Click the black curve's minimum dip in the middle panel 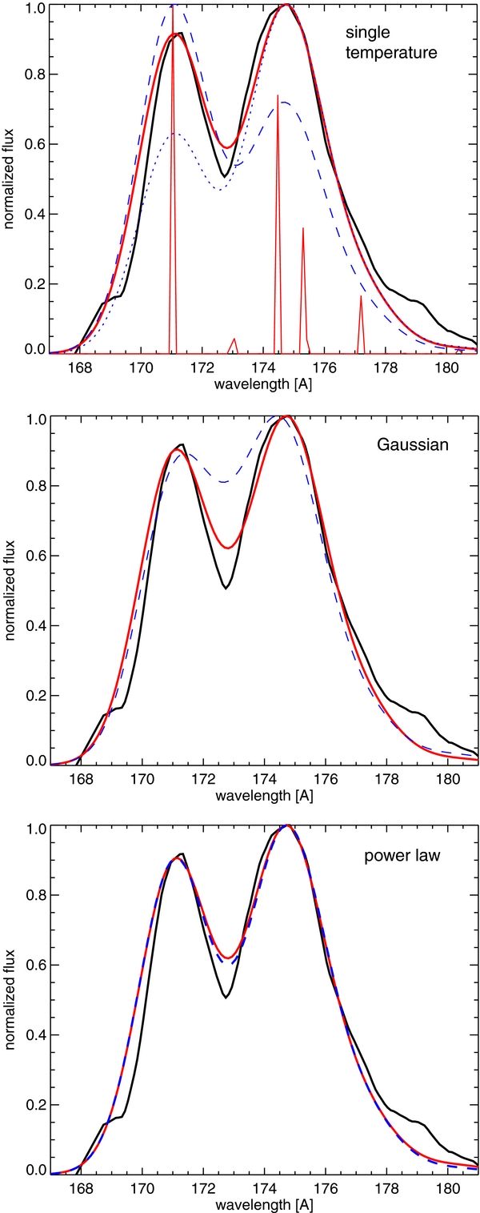(x=226, y=588)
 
